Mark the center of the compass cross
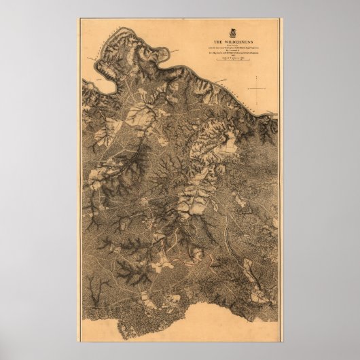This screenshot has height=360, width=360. [257, 88]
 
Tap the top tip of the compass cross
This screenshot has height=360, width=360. [257, 77]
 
